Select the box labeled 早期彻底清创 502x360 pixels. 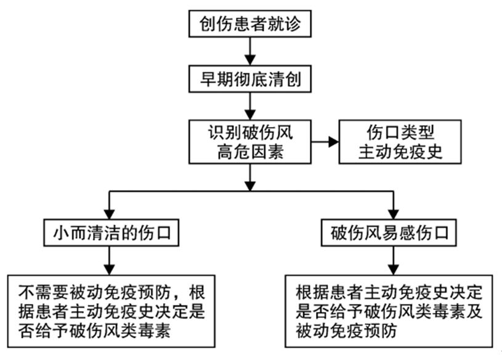point(249,79)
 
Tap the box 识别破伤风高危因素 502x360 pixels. point(249,142)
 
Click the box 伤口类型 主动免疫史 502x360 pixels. point(400,142)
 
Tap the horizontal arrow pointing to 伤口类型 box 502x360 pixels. point(325,142)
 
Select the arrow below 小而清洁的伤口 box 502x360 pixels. point(110,261)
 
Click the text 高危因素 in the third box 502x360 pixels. point(249,152)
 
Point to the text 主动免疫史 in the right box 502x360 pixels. point(400,152)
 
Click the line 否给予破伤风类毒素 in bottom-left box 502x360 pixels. point(92,329)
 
